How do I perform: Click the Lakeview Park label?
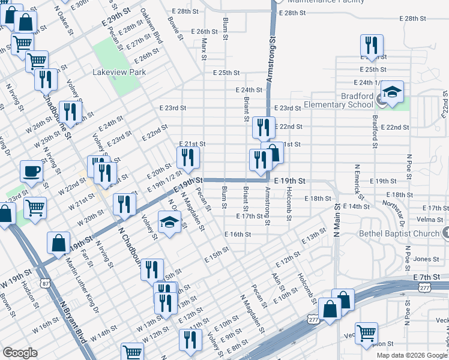(x=119, y=72)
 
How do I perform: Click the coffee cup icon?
(x=31, y=171)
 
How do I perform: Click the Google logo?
(x=19, y=353)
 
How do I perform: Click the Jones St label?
(x=426, y=259)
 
